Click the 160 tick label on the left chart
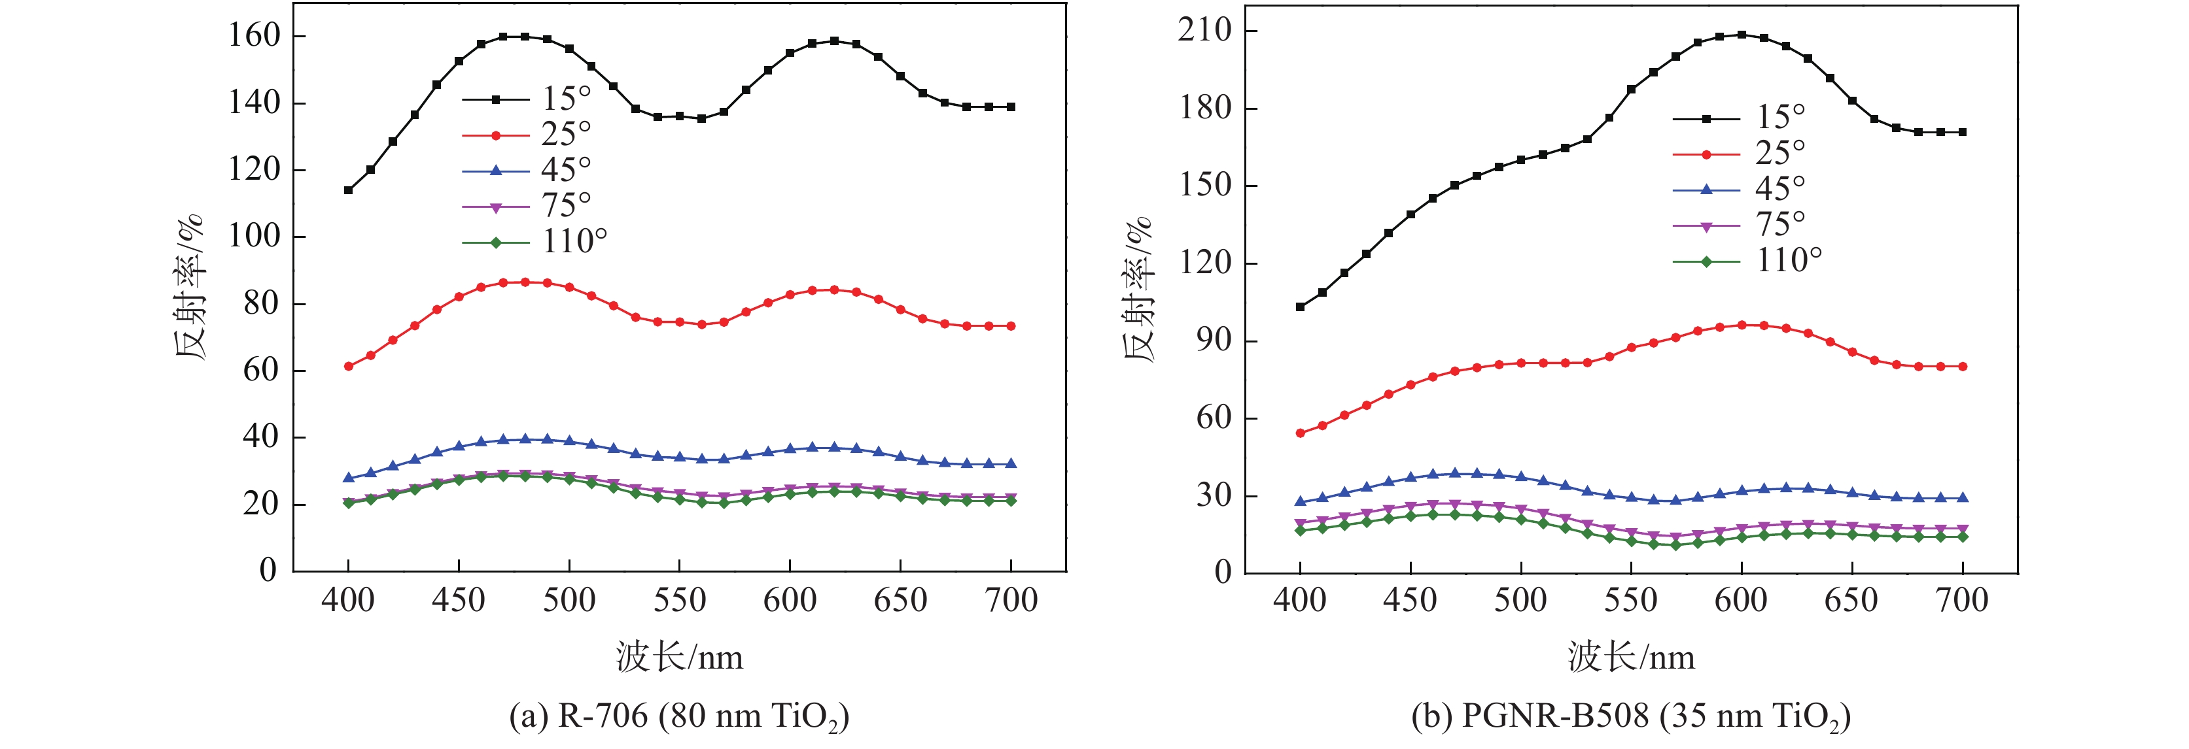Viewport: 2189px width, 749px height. pos(254,36)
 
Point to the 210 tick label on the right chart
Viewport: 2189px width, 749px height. pos(1204,31)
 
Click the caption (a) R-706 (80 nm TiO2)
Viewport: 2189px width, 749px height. pos(679,716)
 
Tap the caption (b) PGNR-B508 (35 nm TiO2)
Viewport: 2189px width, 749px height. pos(1631,716)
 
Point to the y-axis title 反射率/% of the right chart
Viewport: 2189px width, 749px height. pos(1139,289)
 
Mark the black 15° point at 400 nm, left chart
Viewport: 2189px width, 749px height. pos(349,190)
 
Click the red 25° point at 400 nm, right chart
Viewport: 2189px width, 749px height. pos(1300,433)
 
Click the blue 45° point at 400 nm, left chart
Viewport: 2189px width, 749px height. pos(349,477)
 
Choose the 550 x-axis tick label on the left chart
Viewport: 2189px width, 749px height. pos(679,601)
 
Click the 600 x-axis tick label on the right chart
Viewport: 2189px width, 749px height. pos(1741,601)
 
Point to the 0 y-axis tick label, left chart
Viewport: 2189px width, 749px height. pos(268,570)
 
